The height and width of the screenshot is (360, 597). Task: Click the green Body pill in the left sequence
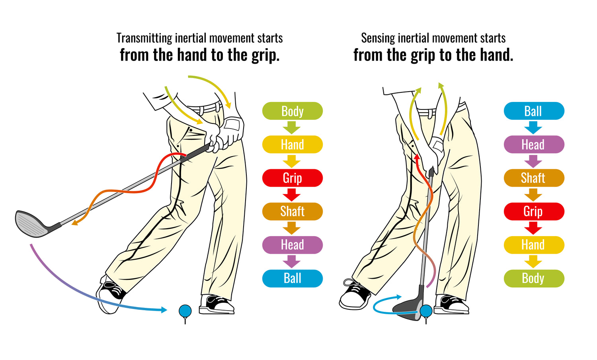pyautogui.click(x=293, y=111)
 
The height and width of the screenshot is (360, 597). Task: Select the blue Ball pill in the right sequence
pyautogui.click(x=534, y=111)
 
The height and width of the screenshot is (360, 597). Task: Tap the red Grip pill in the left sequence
pyautogui.click(x=293, y=178)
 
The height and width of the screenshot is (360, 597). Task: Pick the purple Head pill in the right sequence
pyautogui.click(x=534, y=145)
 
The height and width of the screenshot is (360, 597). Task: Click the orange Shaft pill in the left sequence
pyautogui.click(x=293, y=211)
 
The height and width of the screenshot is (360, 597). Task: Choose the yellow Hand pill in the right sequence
pyautogui.click(x=534, y=245)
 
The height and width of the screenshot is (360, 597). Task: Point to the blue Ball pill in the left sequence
pyautogui.click(x=293, y=278)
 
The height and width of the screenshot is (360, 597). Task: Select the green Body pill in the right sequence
pyautogui.click(x=534, y=278)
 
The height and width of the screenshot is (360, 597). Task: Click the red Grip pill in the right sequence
pyautogui.click(x=534, y=211)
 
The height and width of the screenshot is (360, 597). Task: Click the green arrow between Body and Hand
pyautogui.click(x=292, y=127)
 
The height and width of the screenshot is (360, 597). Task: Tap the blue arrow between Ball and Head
pyautogui.click(x=533, y=127)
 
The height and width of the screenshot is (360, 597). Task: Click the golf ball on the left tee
pyautogui.click(x=185, y=311)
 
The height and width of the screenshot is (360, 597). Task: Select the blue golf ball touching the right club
pyautogui.click(x=426, y=311)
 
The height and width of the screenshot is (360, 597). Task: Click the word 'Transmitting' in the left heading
pyautogui.click(x=144, y=39)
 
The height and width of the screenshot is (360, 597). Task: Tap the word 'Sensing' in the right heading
pyautogui.click(x=378, y=39)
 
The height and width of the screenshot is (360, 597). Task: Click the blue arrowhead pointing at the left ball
pyautogui.click(x=164, y=309)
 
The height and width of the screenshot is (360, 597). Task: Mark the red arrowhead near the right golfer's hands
pyautogui.click(x=417, y=157)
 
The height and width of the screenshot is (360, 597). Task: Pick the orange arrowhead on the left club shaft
pyautogui.click(x=75, y=222)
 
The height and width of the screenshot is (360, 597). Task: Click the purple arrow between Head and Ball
pyautogui.click(x=292, y=262)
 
